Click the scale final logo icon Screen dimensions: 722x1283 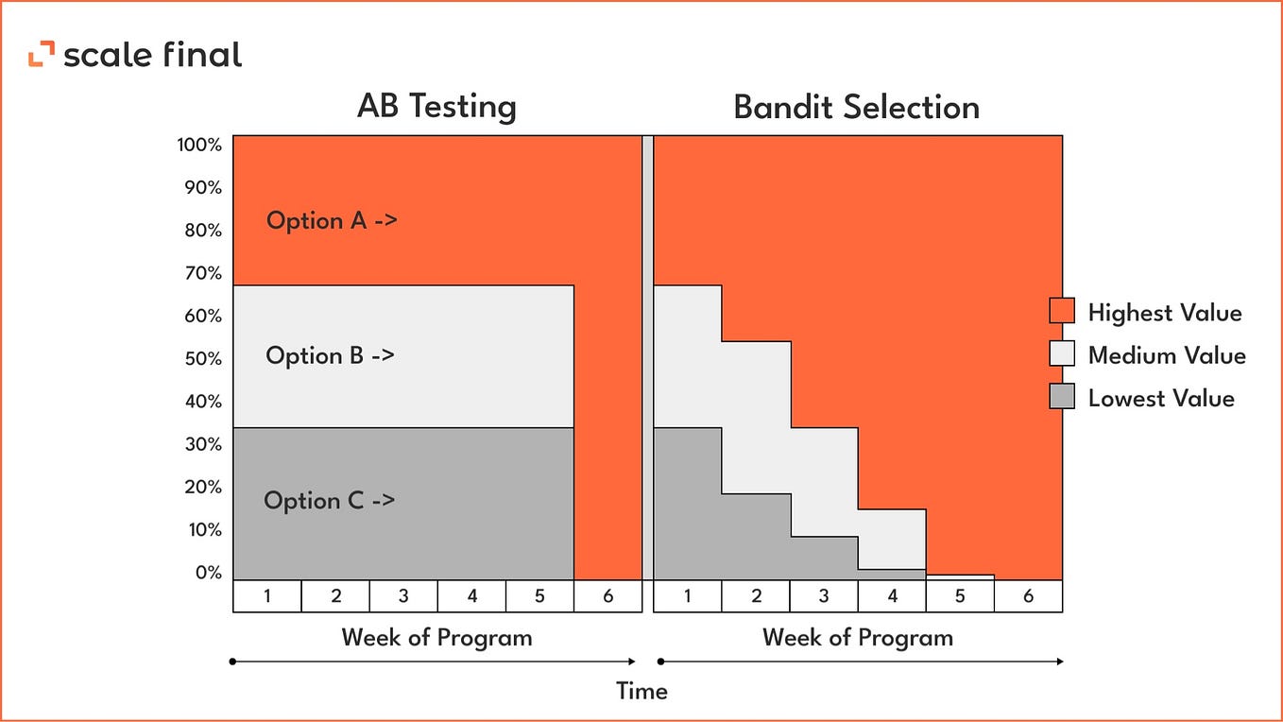point(41,55)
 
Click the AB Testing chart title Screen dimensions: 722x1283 point(436,107)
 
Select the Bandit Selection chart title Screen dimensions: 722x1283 point(856,107)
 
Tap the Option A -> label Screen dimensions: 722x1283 point(332,221)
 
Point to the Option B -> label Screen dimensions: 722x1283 point(330,356)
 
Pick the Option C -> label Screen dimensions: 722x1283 point(329,501)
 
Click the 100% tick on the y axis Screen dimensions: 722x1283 point(198,146)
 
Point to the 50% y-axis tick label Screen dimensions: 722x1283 point(202,359)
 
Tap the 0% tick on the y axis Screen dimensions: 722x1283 point(208,573)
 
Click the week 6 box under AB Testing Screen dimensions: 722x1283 point(607,596)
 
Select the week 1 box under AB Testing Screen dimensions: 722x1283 point(267,596)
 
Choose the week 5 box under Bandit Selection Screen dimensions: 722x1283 point(960,596)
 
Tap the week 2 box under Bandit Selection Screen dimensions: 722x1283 point(756,596)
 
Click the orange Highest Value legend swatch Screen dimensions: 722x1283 point(1062,311)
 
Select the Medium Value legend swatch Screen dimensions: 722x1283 point(1062,353)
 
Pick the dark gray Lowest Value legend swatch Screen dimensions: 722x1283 point(1062,396)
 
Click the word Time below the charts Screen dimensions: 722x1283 point(641,691)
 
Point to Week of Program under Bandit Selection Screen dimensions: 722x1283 point(858,638)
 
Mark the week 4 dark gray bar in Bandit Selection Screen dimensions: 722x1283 point(892,574)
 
